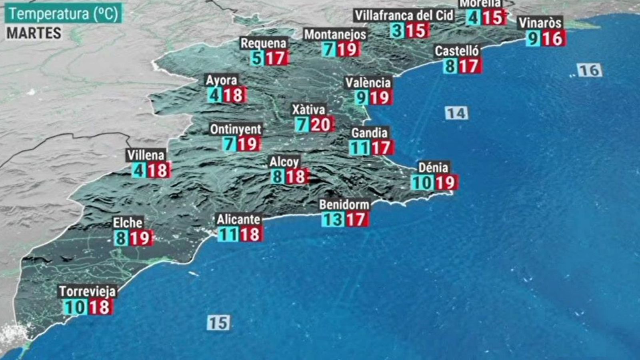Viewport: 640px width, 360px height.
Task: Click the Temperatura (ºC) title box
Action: point(63,14)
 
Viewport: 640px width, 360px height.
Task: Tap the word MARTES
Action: point(34,33)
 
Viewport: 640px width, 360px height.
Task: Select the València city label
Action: point(368,83)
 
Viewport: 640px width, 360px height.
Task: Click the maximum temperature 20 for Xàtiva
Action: point(321,124)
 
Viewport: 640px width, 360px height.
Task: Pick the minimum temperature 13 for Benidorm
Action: point(332,219)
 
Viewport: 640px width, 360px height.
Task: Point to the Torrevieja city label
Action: point(88,291)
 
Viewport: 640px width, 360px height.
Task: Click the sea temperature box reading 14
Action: point(456,113)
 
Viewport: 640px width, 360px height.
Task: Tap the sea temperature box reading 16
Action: point(590,70)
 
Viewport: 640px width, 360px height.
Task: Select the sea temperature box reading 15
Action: point(218,323)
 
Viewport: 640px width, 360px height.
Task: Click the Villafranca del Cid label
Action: point(404,16)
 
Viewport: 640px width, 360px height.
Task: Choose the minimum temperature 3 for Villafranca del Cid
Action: point(397,31)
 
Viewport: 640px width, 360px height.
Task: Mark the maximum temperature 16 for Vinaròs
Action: point(553,39)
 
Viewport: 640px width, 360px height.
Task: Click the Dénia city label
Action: point(434,167)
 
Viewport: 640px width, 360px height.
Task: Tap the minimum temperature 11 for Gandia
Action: point(359,148)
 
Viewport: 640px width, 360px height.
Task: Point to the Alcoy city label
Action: point(284,162)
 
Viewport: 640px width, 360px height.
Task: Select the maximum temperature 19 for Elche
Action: point(140,238)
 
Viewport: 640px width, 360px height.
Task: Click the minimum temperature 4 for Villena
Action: point(138,170)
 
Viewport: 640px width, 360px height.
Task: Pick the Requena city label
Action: point(263,43)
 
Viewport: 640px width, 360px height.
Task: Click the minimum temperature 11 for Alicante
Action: point(228,234)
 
